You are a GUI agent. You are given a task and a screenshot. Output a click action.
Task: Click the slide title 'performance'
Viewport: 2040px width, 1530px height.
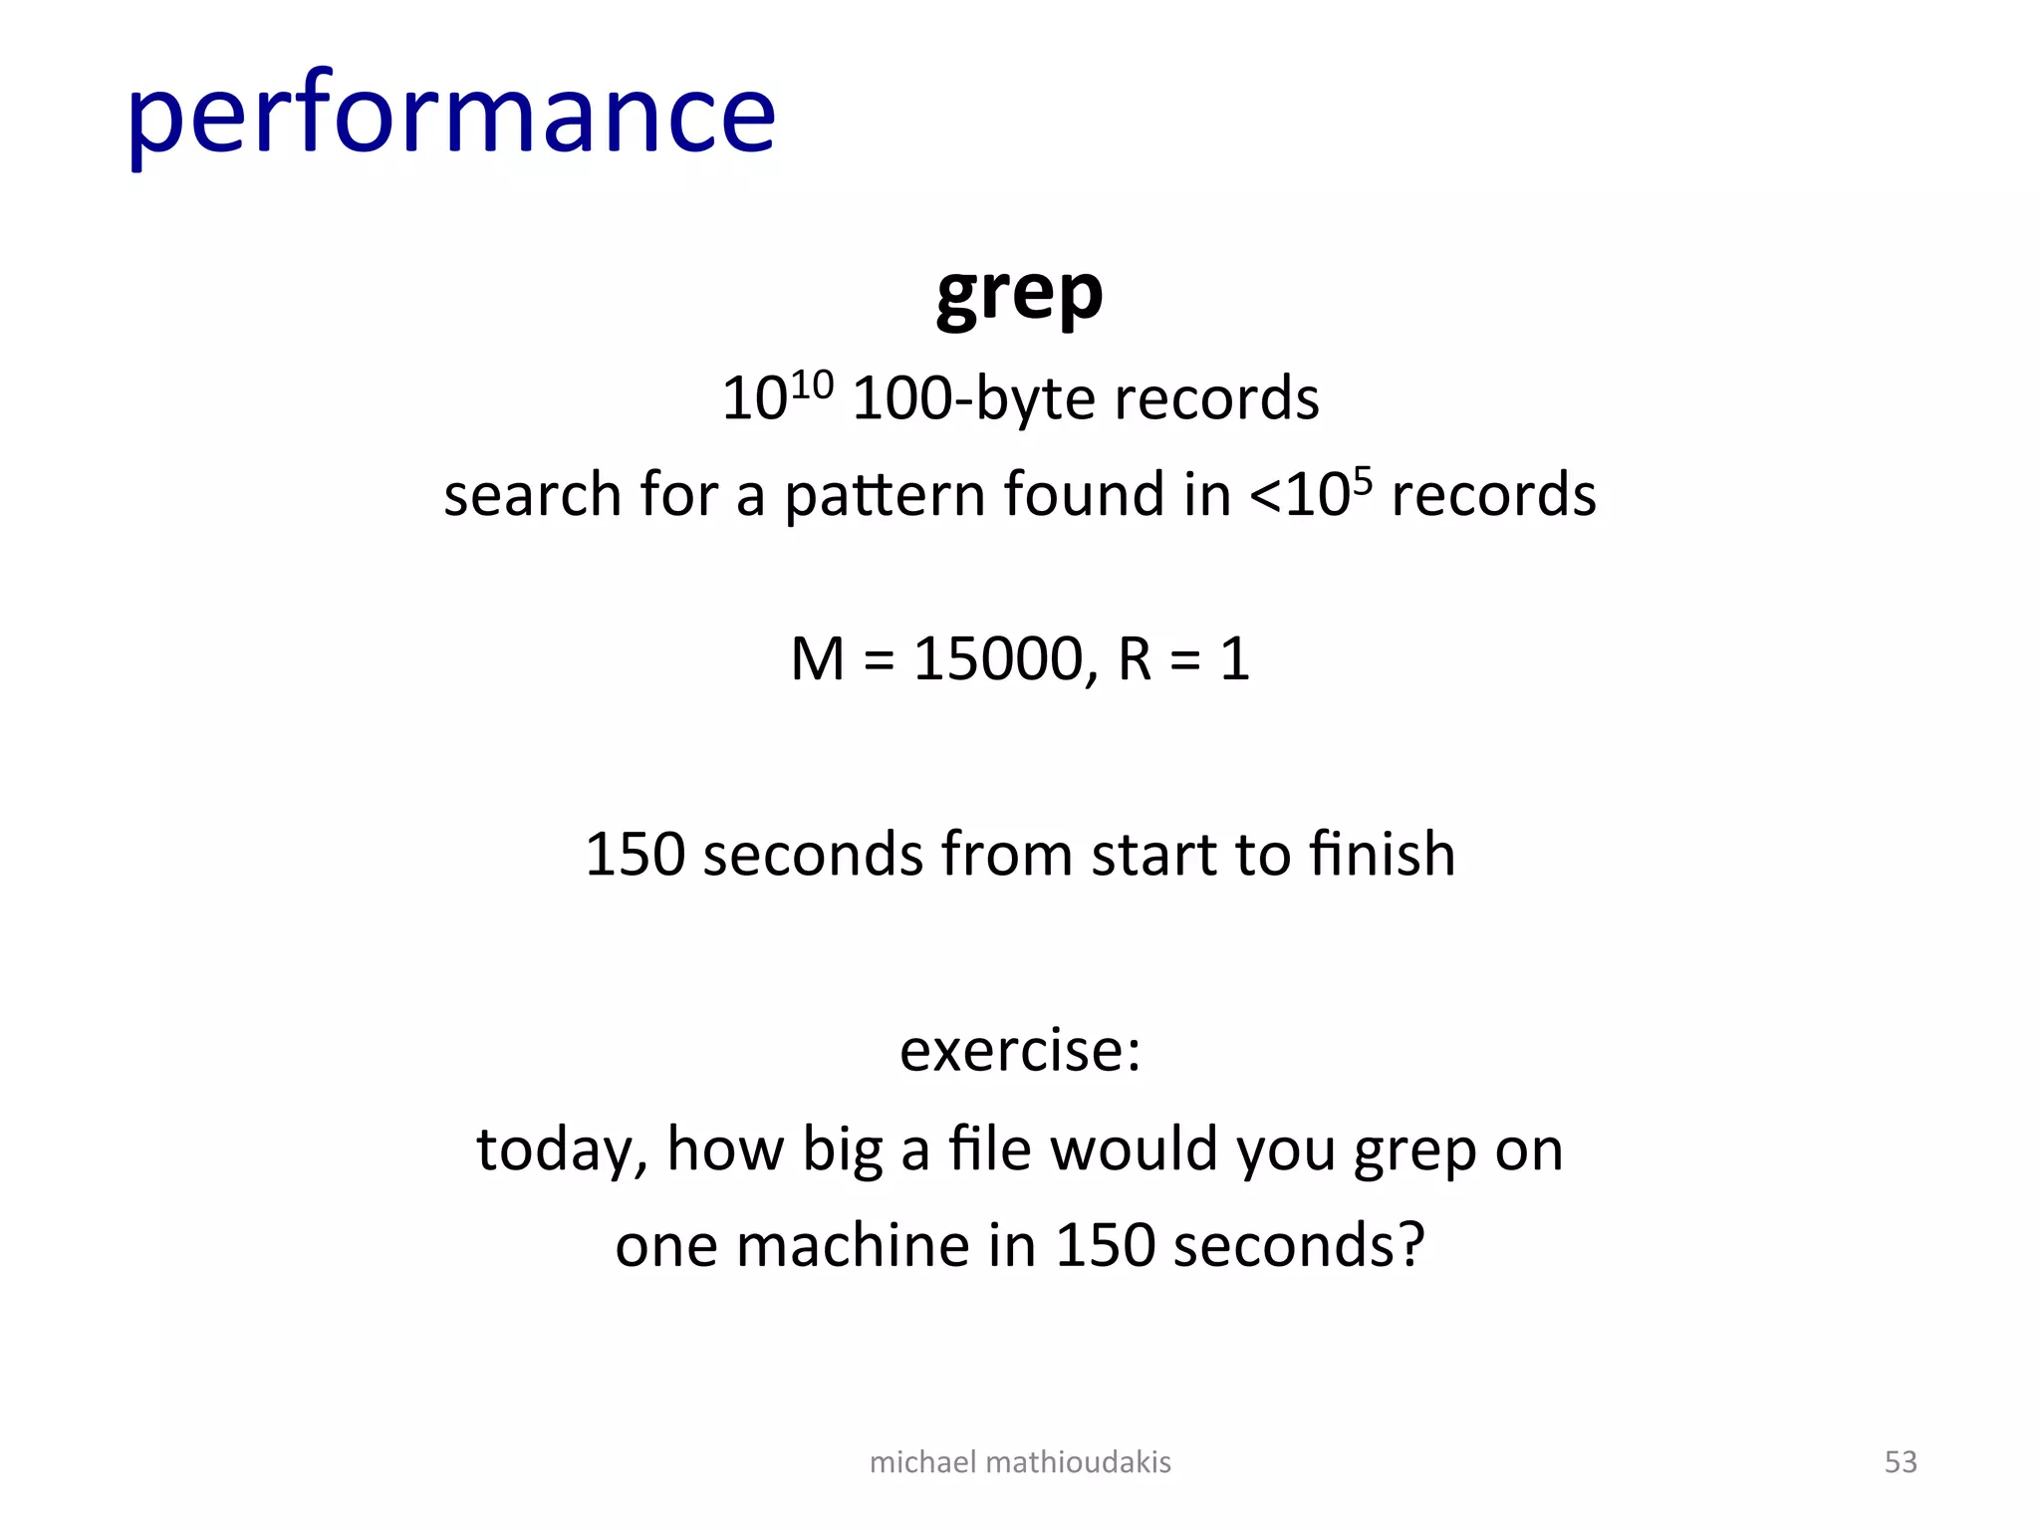point(450,115)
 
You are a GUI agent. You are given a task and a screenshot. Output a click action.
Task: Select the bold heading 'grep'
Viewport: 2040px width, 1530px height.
point(1019,294)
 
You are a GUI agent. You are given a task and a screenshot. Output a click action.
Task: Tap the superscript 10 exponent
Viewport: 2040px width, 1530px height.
point(812,383)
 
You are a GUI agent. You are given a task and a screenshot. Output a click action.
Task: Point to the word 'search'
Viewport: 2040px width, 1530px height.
point(533,495)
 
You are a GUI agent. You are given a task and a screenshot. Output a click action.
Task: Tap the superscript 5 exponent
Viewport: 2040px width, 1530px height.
point(1363,480)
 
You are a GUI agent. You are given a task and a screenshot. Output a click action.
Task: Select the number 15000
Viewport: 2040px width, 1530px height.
point(999,658)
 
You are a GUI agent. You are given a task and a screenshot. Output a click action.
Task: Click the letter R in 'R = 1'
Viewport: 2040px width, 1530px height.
point(1135,658)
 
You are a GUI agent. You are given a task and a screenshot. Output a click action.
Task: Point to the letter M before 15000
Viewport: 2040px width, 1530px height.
point(818,658)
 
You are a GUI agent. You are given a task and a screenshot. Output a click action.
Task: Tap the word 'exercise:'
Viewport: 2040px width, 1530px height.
point(1020,1050)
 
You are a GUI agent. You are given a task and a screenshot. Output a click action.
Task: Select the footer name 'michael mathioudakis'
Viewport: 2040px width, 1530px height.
point(1020,1461)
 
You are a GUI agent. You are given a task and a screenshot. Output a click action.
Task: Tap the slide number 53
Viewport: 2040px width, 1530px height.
point(1901,1461)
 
